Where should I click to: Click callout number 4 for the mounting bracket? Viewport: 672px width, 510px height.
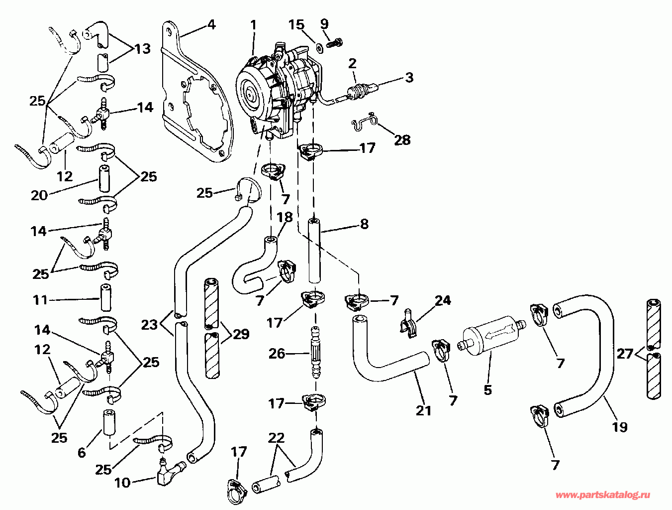click(x=212, y=24)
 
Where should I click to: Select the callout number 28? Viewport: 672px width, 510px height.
click(x=402, y=140)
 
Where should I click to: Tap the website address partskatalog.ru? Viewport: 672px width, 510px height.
click(x=602, y=495)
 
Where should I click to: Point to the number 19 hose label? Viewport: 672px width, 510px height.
click(x=620, y=426)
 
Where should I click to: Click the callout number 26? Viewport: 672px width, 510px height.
click(x=277, y=354)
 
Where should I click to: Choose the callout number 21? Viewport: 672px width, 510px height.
click(x=423, y=410)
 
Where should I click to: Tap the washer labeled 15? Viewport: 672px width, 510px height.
click(x=316, y=48)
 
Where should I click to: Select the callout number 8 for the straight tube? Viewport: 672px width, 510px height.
click(x=364, y=224)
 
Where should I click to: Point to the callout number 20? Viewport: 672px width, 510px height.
click(x=39, y=195)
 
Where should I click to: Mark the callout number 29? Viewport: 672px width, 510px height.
click(x=241, y=334)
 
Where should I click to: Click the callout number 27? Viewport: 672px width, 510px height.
click(x=625, y=354)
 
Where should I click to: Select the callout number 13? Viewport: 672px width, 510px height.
click(x=142, y=49)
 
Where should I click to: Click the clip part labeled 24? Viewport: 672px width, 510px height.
click(x=408, y=323)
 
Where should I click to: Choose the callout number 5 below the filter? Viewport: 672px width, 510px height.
click(x=487, y=389)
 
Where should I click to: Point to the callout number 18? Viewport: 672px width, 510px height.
click(x=285, y=218)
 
